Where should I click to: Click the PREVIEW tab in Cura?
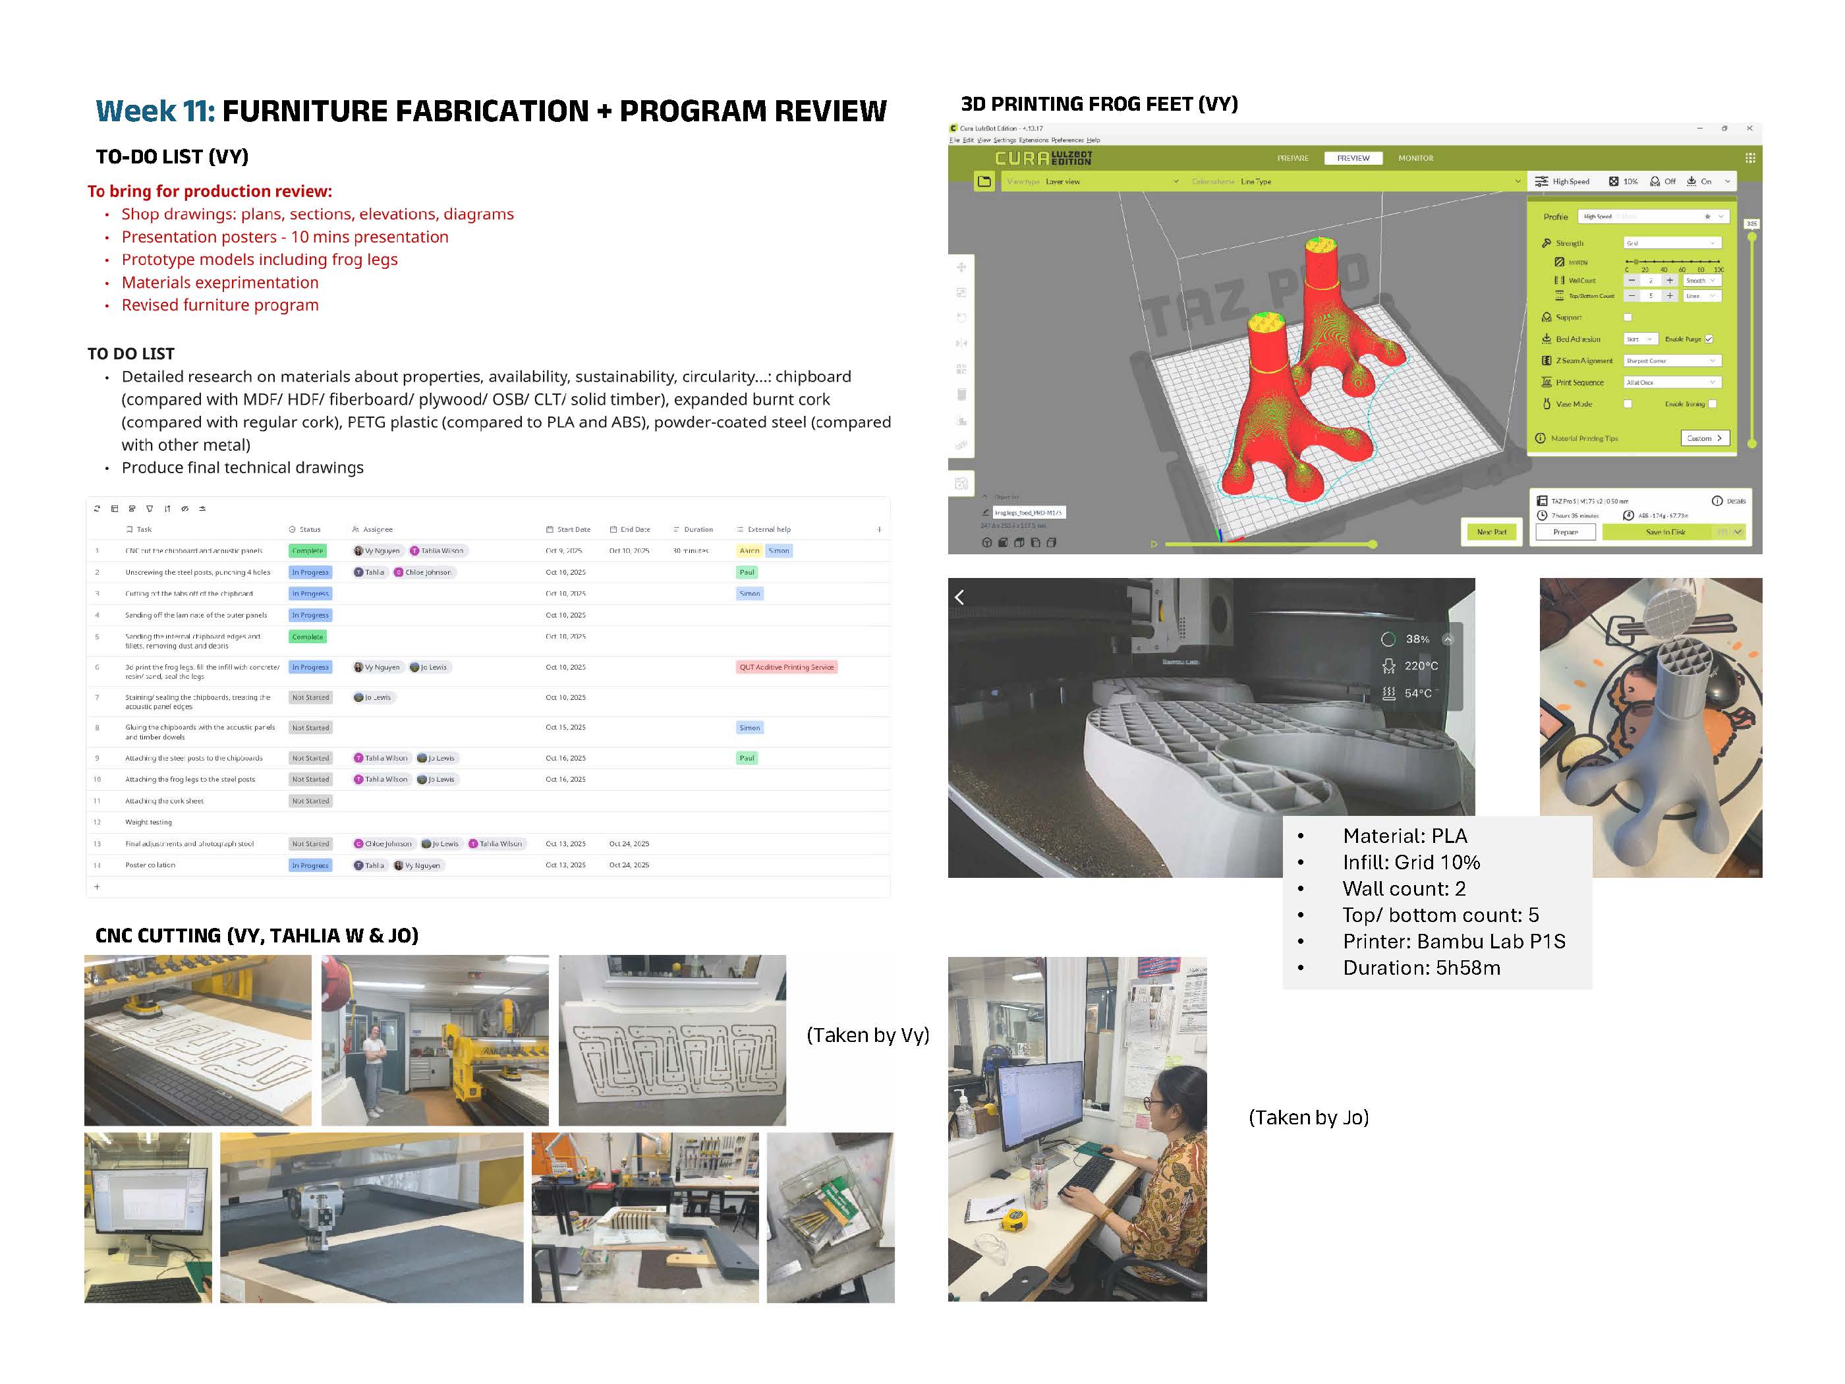(x=1352, y=158)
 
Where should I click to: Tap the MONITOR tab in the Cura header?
(x=1415, y=158)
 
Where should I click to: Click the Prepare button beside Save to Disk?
(x=1565, y=531)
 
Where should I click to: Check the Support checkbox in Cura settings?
(x=1628, y=317)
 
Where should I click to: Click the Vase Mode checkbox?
(x=1628, y=404)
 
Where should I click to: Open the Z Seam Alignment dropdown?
(x=1672, y=360)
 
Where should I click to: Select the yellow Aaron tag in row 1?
(x=749, y=550)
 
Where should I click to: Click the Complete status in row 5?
(x=307, y=637)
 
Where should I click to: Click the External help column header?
(x=768, y=529)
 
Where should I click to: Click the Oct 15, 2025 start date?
(x=565, y=728)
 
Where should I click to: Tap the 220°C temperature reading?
(x=1421, y=666)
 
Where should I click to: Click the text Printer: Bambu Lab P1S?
(x=1453, y=941)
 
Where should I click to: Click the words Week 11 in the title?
(x=155, y=111)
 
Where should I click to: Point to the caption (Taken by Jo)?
(x=1308, y=1117)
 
